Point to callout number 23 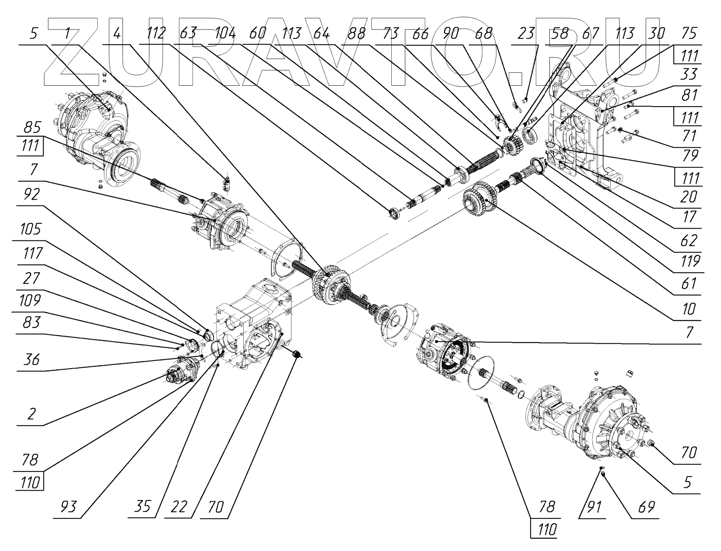pos(526,33)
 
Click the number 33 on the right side pos(688,75)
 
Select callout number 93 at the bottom pos(68,507)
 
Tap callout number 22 pos(179,507)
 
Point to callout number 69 pos(646,507)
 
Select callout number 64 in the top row pos(321,33)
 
